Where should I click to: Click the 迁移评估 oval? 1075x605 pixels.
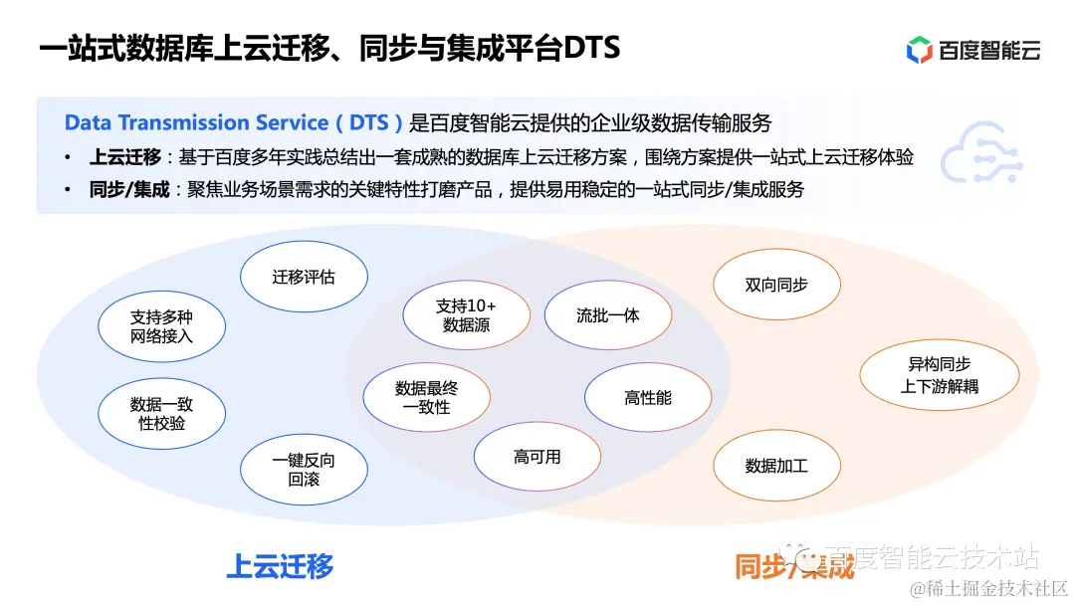pyautogui.click(x=304, y=277)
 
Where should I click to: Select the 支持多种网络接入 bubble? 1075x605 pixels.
pyautogui.click(x=161, y=326)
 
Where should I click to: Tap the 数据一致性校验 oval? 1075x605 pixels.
pyautogui.click(x=161, y=414)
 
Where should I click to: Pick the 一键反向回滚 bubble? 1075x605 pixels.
pyautogui.click(x=304, y=470)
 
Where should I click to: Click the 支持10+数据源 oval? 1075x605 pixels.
pyautogui.click(x=466, y=315)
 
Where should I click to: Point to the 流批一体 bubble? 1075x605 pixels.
pyautogui.click(x=607, y=315)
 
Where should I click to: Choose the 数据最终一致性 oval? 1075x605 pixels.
pyautogui.click(x=426, y=398)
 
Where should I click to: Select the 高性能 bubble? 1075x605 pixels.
pyautogui.click(x=648, y=398)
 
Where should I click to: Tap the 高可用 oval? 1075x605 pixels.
pyautogui.click(x=537, y=457)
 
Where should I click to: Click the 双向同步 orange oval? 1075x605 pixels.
pyautogui.click(x=776, y=285)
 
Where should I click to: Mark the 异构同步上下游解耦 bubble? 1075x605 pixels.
pyautogui.click(x=939, y=375)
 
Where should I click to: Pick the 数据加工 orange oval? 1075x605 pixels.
pyautogui.click(x=776, y=465)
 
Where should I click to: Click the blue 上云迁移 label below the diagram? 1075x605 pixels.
pyautogui.click(x=280, y=566)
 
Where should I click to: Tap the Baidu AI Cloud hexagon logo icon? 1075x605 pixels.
pyautogui.click(x=919, y=50)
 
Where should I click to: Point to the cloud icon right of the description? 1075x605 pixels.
pyautogui.click(x=980, y=155)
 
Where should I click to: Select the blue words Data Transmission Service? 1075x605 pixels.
pyautogui.click(x=196, y=123)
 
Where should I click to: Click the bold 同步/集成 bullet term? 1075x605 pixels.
pyautogui.click(x=129, y=189)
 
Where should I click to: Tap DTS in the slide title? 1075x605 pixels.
pyautogui.click(x=592, y=48)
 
